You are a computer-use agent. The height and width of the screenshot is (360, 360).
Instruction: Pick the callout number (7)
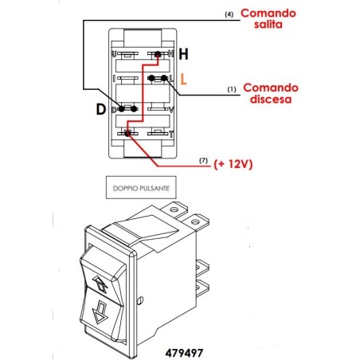[x=204, y=162]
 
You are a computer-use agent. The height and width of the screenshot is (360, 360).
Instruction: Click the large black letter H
[x=183, y=55]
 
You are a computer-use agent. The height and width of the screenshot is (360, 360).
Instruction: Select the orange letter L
[x=183, y=79]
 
